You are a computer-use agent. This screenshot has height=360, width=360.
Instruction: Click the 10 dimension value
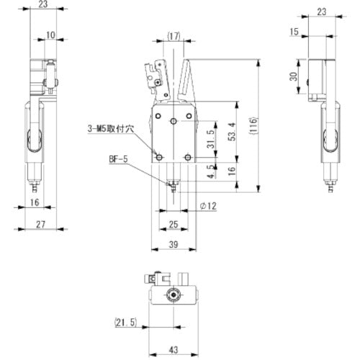click(x=51, y=34)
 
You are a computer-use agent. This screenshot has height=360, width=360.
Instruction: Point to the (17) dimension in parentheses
click(x=173, y=35)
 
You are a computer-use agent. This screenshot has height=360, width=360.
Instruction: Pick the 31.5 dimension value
click(x=210, y=138)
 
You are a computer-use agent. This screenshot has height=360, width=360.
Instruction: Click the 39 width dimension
click(x=174, y=246)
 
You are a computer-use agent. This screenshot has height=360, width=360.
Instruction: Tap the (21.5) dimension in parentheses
click(x=125, y=322)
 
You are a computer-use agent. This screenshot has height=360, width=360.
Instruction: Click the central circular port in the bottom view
click(x=173, y=294)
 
